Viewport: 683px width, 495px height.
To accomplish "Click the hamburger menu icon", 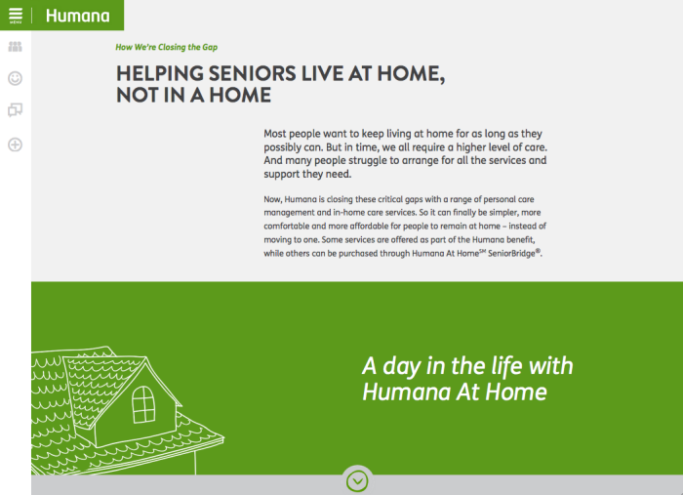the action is (x=16, y=14).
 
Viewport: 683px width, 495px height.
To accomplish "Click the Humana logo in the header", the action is (x=77, y=16).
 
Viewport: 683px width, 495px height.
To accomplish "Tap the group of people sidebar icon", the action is (x=16, y=47).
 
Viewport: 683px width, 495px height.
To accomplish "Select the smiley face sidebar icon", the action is (x=16, y=78).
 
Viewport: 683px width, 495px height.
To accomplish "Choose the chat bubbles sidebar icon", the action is (x=16, y=109).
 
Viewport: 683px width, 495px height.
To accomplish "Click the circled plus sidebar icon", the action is (x=16, y=144).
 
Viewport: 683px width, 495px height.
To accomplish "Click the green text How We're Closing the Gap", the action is (x=167, y=47).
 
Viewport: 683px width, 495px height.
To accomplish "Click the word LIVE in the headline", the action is (x=322, y=73).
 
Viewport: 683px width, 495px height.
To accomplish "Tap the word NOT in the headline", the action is (x=138, y=95).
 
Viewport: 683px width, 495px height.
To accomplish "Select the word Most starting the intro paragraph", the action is (x=275, y=134).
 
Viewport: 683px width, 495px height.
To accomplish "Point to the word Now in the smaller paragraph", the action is (x=272, y=199).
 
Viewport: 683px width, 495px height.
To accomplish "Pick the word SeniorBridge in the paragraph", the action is (x=511, y=254).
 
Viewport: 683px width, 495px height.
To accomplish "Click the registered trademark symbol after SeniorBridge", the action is (x=538, y=251).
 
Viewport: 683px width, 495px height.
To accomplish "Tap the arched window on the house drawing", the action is (x=143, y=405).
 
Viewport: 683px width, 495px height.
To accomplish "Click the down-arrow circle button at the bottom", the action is (x=357, y=481).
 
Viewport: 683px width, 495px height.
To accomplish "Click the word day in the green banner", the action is (x=401, y=367).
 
